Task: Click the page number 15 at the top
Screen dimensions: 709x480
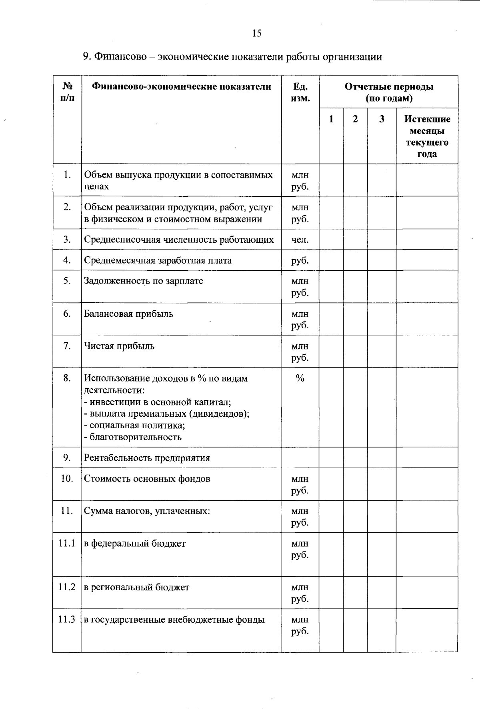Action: click(256, 33)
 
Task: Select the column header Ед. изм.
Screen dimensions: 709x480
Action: click(300, 92)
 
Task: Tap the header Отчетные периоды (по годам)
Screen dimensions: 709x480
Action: click(388, 92)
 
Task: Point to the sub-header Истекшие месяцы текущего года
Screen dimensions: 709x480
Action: click(427, 136)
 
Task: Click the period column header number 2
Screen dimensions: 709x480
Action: click(355, 119)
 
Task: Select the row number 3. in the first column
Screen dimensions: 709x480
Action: click(67, 240)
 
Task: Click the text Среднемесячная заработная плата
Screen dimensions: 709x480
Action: click(158, 261)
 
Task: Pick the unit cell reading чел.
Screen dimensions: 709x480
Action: click(300, 240)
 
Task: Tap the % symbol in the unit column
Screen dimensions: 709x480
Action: click(300, 378)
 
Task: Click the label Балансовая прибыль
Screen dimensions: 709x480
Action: click(128, 314)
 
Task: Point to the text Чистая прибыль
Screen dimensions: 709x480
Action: click(119, 346)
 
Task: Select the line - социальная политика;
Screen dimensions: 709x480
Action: click(134, 425)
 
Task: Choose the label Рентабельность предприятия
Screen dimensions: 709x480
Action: click(147, 458)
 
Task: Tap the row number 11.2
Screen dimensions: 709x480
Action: click(67, 587)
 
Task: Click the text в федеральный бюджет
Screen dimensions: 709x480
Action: click(134, 543)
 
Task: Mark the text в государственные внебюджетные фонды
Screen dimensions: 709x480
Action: click(174, 620)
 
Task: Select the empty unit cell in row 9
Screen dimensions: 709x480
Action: click(300, 458)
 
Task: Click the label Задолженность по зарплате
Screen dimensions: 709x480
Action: click(143, 281)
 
